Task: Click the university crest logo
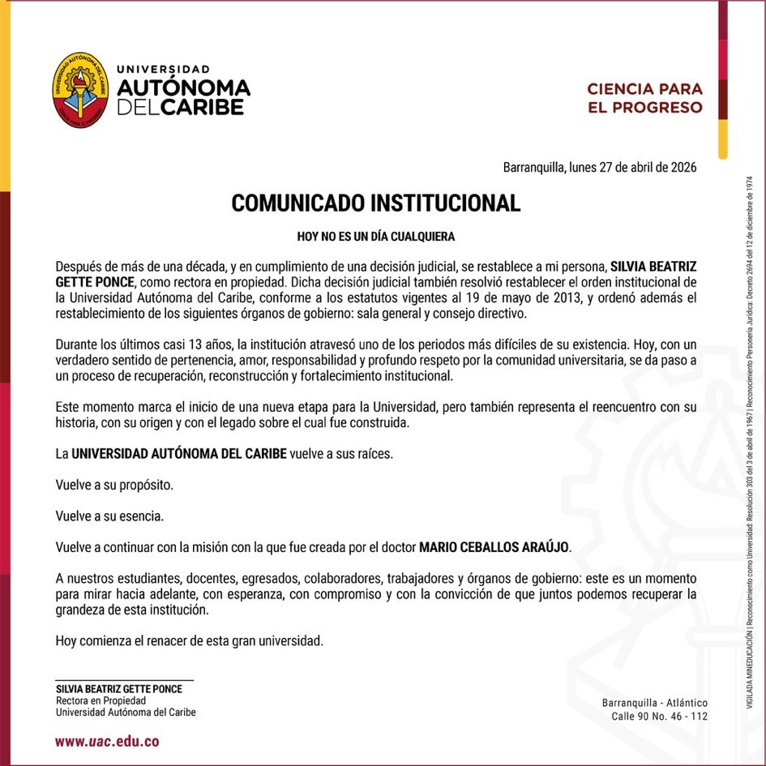[79, 89]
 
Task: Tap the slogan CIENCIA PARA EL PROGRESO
[644, 97]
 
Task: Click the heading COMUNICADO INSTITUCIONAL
[376, 203]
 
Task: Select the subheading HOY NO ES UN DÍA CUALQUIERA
[376, 237]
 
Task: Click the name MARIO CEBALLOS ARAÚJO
[494, 547]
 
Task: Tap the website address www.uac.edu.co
[107, 741]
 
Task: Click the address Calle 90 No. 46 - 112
[659, 717]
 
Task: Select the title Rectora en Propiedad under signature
[101, 700]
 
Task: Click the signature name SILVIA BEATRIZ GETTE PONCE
[118, 689]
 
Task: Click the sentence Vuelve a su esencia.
[109, 516]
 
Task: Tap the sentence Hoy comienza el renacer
[190, 640]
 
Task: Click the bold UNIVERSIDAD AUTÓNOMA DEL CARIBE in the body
[178, 454]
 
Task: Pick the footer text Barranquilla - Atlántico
[655, 703]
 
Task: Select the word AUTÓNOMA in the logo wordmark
[184, 88]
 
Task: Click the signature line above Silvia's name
[124, 679]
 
